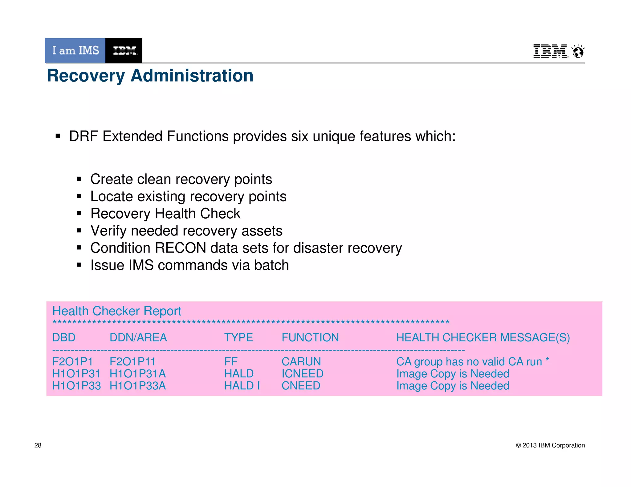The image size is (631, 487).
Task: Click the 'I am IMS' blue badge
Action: click(75, 50)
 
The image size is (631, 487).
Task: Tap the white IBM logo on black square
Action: click(124, 50)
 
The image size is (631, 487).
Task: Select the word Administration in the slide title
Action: click(192, 75)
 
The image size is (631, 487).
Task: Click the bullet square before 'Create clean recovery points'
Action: click(79, 179)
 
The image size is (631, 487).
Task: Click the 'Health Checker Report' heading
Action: click(117, 311)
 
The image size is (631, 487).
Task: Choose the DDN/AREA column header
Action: click(138, 338)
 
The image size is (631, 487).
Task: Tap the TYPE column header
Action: click(238, 338)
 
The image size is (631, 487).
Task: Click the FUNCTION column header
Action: click(310, 338)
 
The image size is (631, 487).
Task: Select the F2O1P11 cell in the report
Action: click(132, 362)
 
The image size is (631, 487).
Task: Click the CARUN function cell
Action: click(301, 362)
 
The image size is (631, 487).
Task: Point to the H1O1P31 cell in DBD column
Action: click(76, 374)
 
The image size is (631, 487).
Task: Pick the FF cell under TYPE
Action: click(231, 362)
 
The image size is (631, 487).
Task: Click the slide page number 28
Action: click(38, 445)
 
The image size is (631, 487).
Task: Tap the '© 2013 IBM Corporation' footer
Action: click(550, 445)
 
